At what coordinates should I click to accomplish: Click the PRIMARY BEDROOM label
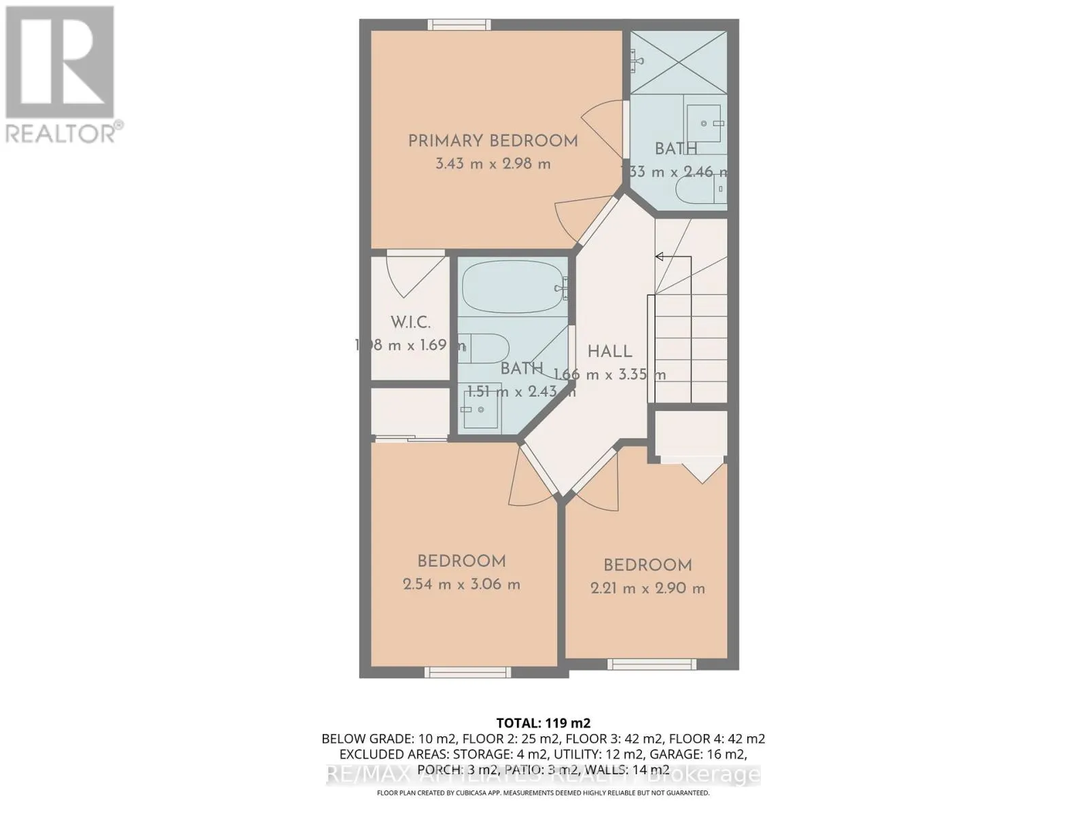point(493,141)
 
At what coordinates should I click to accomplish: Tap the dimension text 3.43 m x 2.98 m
point(493,164)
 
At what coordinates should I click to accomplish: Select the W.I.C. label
point(410,323)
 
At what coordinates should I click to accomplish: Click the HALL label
point(609,352)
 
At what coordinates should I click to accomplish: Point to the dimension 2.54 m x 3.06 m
point(461,585)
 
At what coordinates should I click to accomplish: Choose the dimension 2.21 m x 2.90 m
point(647,589)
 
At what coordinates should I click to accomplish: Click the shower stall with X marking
point(677,62)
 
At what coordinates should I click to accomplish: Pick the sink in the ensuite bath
point(704,123)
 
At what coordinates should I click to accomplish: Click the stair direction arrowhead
point(659,257)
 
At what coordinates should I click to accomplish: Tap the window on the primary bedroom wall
point(459,24)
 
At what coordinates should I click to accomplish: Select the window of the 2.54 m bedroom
point(467,672)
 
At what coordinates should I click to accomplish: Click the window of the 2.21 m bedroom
point(650,664)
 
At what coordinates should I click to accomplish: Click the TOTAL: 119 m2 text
point(543,723)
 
